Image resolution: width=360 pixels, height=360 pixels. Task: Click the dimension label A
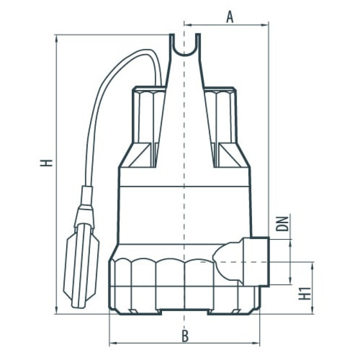229,18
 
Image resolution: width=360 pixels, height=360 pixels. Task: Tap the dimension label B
185,336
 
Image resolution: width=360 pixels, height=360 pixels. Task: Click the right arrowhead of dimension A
264,24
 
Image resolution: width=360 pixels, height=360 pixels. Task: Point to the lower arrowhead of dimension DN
290,281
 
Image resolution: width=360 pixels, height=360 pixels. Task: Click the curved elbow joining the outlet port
227,261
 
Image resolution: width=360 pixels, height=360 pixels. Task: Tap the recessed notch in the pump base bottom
185,311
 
